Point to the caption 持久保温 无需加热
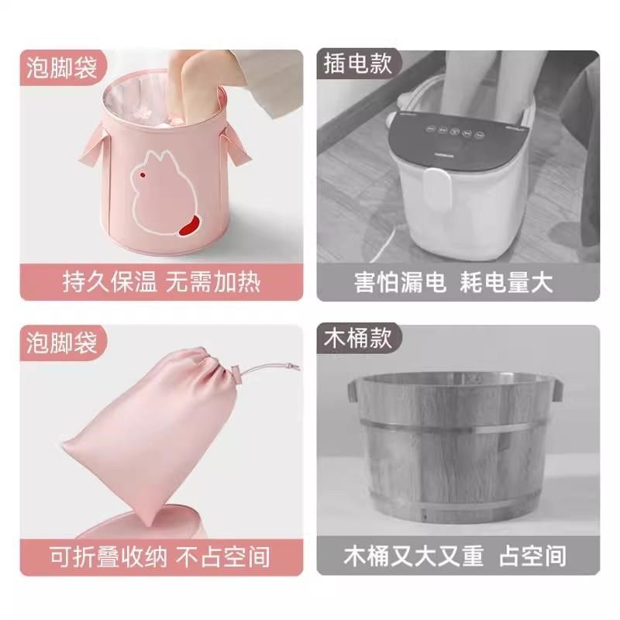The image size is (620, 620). [x=161, y=281]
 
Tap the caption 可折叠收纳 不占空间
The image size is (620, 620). [x=161, y=556]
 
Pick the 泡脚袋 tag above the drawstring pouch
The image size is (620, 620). [x=61, y=342]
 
